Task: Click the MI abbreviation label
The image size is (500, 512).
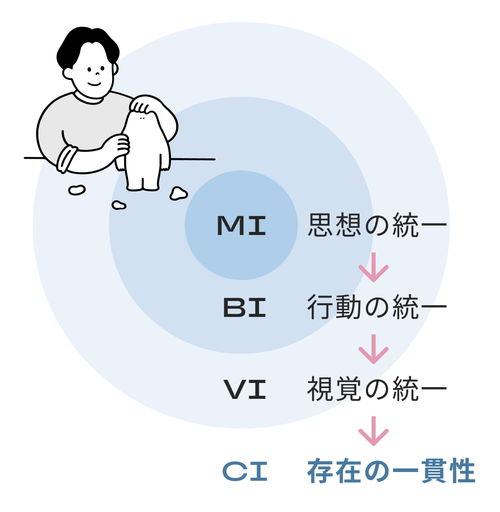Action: click(x=242, y=226)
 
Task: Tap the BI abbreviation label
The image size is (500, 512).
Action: click(x=245, y=308)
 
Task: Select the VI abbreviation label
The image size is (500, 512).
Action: click(x=245, y=390)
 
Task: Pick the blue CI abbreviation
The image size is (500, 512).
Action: click(x=245, y=472)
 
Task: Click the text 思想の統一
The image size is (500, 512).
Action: click(x=377, y=226)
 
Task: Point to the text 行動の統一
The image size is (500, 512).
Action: click(x=377, y=308)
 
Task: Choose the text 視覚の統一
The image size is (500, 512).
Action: click(x=377, y=390)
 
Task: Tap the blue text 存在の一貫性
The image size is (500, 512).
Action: click(x=392, y=472)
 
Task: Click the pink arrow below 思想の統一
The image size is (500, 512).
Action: click(x=374, y=267)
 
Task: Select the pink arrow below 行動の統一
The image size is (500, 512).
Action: click(x=374, y=349)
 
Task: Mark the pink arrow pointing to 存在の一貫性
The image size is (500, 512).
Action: click(x=374, y=431)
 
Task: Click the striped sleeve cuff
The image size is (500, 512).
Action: click(x=67, y=158)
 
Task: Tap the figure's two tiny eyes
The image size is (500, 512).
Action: click(x=142, y=118)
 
